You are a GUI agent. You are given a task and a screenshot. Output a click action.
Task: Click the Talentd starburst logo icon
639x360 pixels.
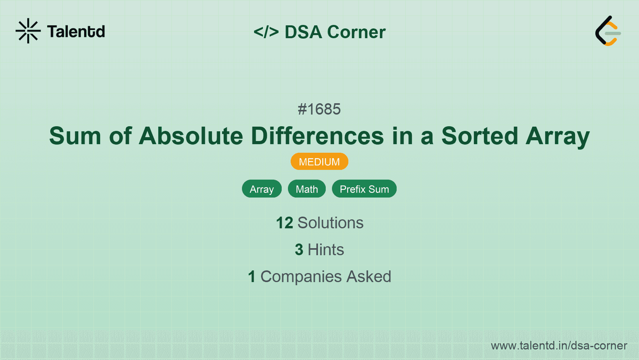point(28,31)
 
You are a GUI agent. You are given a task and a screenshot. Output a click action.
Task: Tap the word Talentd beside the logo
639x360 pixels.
point(76,32)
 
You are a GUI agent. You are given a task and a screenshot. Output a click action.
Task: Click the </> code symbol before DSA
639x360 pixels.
point(266,32)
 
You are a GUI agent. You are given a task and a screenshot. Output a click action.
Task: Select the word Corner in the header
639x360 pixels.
point(356,32)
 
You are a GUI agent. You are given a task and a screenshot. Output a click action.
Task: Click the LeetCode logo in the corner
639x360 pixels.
point(607,31)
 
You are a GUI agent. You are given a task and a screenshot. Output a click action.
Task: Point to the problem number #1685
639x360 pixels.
point(319,109)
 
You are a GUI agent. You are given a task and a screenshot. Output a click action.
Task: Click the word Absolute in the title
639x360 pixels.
point(191,136)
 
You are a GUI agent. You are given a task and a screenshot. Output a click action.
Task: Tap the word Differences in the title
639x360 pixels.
point(317,136)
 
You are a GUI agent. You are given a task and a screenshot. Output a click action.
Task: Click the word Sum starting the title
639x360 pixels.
point(75,136)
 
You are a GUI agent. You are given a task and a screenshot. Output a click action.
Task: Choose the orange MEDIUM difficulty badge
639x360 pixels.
point(319,162)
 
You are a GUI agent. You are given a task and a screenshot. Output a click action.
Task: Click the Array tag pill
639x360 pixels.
point(261,189)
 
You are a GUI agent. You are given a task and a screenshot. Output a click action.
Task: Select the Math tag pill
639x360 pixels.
point(307,189)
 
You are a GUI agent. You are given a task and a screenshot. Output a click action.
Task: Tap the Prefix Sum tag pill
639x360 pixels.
point(364,189)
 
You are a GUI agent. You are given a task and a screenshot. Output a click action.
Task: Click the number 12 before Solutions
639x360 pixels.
point(284,223)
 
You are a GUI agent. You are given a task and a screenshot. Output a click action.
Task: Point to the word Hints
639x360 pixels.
point(326,250)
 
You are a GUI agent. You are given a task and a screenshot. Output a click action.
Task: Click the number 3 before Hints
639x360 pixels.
point(299,250)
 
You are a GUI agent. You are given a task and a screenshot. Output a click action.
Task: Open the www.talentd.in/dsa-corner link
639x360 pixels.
point(559,346)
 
